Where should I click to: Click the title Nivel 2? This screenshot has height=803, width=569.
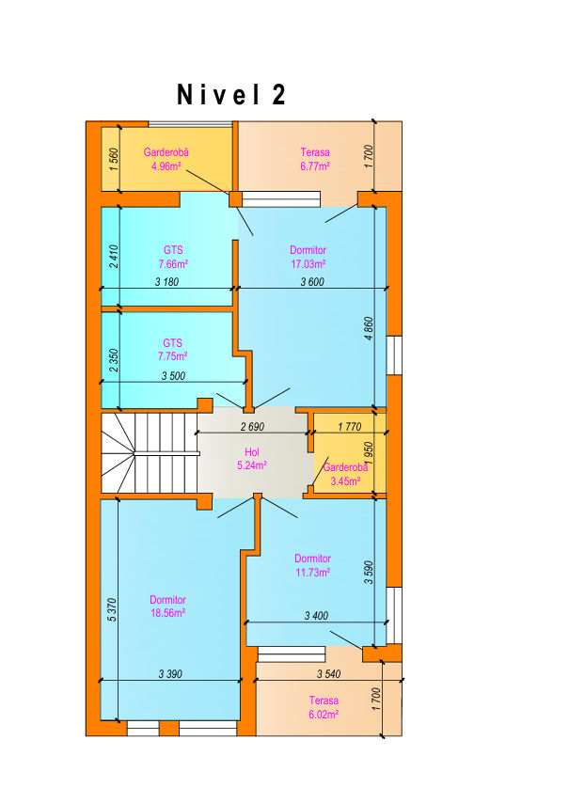(x=231, y=95)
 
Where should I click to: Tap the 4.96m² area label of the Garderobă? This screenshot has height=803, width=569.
(x=166, y=165)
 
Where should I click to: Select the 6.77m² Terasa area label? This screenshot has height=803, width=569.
(x=315, y=165)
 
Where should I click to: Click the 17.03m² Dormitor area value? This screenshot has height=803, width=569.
(x=308, y=264)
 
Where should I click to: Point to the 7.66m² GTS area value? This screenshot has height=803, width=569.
(x=173, y=264)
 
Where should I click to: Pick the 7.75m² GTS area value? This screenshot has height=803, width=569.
(x=173, y=356)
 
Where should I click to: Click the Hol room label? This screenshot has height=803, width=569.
(x=251, y=452)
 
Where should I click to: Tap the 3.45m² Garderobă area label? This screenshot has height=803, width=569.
(x=345, y=481)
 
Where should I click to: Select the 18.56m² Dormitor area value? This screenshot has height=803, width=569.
(x=167, y=613)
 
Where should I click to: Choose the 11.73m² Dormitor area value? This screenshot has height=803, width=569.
(x=312, y=573)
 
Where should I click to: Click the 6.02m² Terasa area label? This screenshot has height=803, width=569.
(x=324, y=715)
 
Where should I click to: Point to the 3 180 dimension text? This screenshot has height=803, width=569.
(x=167, y=282)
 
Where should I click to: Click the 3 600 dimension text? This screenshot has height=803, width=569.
(x=312, y=282)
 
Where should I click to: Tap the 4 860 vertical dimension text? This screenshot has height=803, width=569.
(x=369, y=329)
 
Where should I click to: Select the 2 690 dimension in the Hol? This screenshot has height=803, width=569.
(x=252, y=427)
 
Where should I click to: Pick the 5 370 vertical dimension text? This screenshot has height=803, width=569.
(x=113, y=610)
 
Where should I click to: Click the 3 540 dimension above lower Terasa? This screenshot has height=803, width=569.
(x=328, y=674)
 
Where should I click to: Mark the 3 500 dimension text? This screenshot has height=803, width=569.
(x=173, y=376)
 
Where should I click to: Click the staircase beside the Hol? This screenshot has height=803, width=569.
(x=150, y=453)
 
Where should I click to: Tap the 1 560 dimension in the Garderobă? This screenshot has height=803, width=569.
(x=114, y=159)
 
